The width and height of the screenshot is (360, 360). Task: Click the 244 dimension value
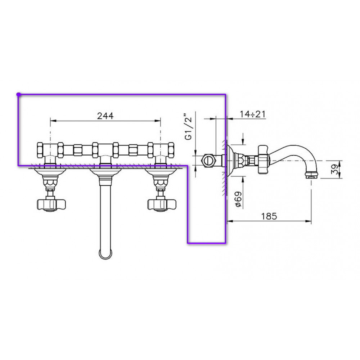105,116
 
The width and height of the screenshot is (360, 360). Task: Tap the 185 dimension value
269,216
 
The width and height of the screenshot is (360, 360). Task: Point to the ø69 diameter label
239,199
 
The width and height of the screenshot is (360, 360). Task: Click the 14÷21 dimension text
253,114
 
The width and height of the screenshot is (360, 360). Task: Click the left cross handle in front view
51,204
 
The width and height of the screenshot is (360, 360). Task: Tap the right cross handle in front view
162,204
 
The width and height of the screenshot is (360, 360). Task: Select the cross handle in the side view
263,159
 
